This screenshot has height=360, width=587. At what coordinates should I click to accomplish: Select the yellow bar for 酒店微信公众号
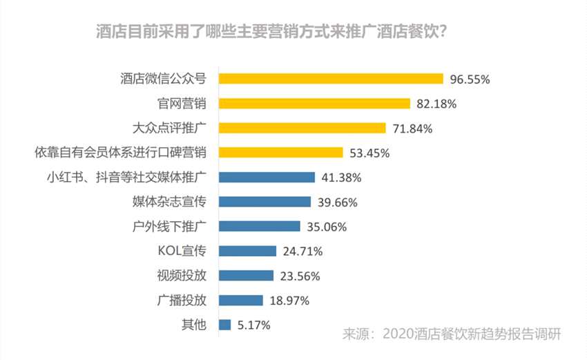(331, 79)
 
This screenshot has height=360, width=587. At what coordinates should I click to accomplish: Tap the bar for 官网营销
(314, 104)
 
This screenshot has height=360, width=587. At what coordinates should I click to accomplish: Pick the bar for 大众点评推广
(302, 128)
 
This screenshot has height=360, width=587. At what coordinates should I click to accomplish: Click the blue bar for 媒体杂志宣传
(264, 202)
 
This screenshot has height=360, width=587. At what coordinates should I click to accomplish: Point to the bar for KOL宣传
(247, 251)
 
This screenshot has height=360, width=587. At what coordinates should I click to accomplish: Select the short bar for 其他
(224, 324)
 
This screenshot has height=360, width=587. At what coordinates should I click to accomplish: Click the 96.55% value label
(470, 79)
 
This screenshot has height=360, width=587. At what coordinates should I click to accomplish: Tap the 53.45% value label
(369, 153)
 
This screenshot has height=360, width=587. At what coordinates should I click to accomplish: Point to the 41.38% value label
(341, 178)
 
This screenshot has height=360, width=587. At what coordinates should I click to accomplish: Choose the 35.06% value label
(326, 227)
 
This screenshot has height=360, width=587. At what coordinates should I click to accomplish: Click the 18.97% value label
(289, 300)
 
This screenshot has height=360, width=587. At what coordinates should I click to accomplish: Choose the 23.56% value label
(300, 276)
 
